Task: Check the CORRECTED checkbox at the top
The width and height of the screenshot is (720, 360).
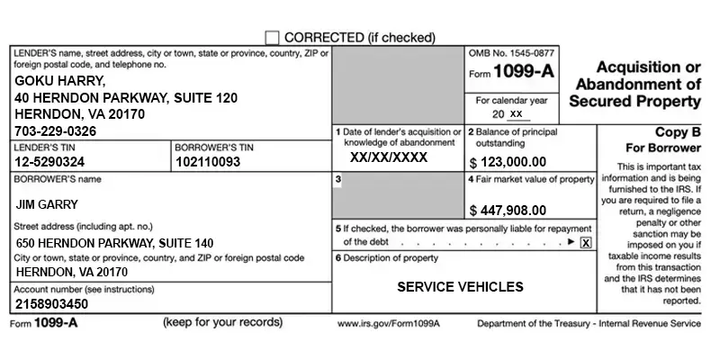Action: coord(272,38)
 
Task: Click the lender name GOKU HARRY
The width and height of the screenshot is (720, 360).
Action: coord(61,81)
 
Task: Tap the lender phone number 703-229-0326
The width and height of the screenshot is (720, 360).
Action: coord(57,131)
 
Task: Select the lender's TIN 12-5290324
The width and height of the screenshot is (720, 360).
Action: coord(49,162)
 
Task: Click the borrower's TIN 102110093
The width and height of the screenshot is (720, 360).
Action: coord(208,162)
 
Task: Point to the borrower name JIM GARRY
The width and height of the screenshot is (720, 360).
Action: coord(47,204)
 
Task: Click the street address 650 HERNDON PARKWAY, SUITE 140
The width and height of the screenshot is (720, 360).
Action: coord(115,243)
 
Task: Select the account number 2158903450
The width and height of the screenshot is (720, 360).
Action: coord(52,304)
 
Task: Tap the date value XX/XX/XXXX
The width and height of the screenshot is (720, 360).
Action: coord(389,156)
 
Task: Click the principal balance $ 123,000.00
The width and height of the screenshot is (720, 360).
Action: coord(508,162)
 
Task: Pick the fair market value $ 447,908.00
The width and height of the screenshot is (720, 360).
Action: coord(508,211)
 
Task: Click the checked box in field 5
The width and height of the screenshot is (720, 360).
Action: coord(586,242)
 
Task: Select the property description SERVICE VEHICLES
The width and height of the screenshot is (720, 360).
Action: coord(460,287)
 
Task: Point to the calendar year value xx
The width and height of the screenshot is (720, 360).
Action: coord(515,114)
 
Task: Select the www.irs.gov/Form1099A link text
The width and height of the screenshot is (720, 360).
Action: coord(388,323)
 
